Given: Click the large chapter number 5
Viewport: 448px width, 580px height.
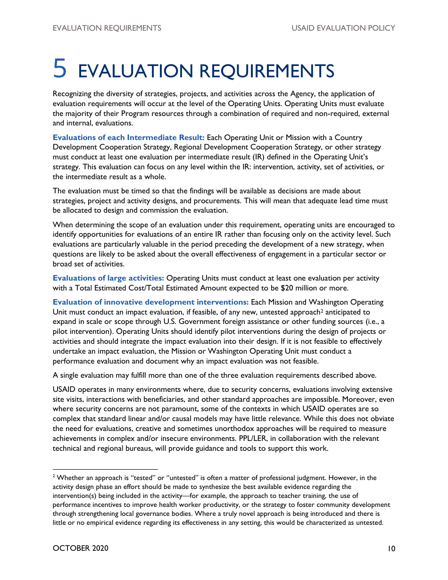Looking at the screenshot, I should click(x=60, y=68).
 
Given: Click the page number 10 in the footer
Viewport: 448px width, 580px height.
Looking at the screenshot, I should click(x=390, y=548).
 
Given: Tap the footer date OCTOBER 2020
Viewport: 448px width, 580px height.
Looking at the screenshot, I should click(x=81, y=548).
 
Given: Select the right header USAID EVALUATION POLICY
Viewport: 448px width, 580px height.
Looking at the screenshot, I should click(x=343, y=28).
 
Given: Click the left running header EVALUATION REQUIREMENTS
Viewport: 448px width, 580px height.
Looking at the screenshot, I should click(x=107, y=28).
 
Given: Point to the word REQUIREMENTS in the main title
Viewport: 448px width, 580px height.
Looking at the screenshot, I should click(x=267, y=71).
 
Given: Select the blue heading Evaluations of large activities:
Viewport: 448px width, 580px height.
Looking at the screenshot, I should click(x=108, y=278).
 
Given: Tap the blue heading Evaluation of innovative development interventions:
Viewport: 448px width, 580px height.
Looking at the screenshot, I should click(x=150, y=302).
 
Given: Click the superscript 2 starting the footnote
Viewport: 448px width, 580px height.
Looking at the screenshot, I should click(x=54, y=477).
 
